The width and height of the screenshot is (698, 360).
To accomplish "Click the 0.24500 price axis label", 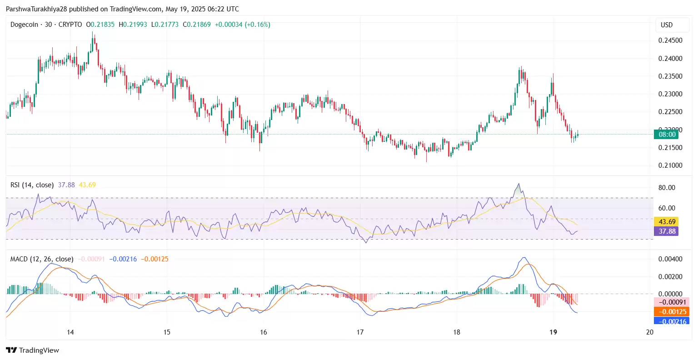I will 670,40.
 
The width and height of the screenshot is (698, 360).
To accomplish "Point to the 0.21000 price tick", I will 670,165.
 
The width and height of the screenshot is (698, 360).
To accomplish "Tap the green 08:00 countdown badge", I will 666,135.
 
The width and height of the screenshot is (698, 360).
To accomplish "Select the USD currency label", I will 667,25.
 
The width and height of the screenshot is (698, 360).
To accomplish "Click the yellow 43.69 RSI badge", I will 666,222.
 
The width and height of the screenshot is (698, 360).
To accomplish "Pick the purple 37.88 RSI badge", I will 666,231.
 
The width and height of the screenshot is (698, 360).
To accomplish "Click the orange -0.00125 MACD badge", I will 671,312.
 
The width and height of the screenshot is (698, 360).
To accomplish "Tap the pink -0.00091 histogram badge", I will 671,302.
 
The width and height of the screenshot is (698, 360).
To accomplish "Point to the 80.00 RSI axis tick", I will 667,188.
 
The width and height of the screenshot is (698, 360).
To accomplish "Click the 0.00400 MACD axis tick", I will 670,259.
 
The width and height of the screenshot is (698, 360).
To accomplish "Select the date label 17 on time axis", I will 360,332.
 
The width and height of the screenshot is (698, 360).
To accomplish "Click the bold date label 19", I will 553,332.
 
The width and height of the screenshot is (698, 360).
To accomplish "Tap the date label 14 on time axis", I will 70,332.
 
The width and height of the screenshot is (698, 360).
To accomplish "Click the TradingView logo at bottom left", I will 32,350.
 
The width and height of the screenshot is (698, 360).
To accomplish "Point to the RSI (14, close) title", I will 32,185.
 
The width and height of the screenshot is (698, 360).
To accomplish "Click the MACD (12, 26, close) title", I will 42,259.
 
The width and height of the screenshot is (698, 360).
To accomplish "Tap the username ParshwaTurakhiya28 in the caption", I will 36,9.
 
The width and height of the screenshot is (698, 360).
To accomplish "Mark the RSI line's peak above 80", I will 519,184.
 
